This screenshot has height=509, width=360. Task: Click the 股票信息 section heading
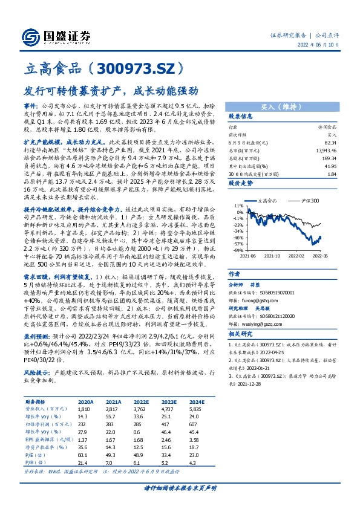tap(241, 116)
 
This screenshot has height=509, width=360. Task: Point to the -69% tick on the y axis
tap(238, 250)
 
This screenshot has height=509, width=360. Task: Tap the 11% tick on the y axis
tap(239, 206)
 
